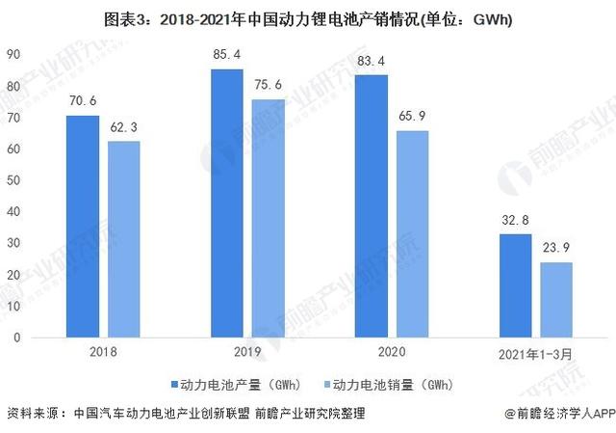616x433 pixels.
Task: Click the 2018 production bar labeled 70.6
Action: point(82,227)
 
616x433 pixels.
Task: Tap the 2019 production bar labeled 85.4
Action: point(227,203)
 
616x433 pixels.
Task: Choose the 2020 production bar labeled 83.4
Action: point(371,206)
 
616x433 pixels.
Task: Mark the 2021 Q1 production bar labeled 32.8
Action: point(515,286)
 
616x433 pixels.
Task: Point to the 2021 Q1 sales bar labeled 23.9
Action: point(555,300)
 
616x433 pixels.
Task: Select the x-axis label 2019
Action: point(246,353)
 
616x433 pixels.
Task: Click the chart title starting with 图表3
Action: point(308,15)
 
